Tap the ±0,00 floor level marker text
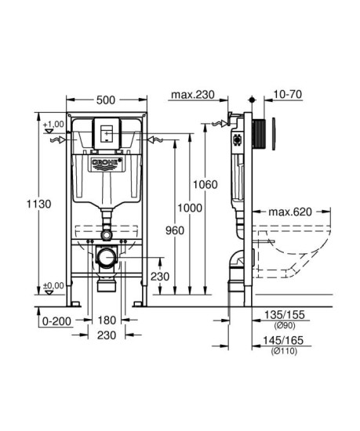coord(53,286)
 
